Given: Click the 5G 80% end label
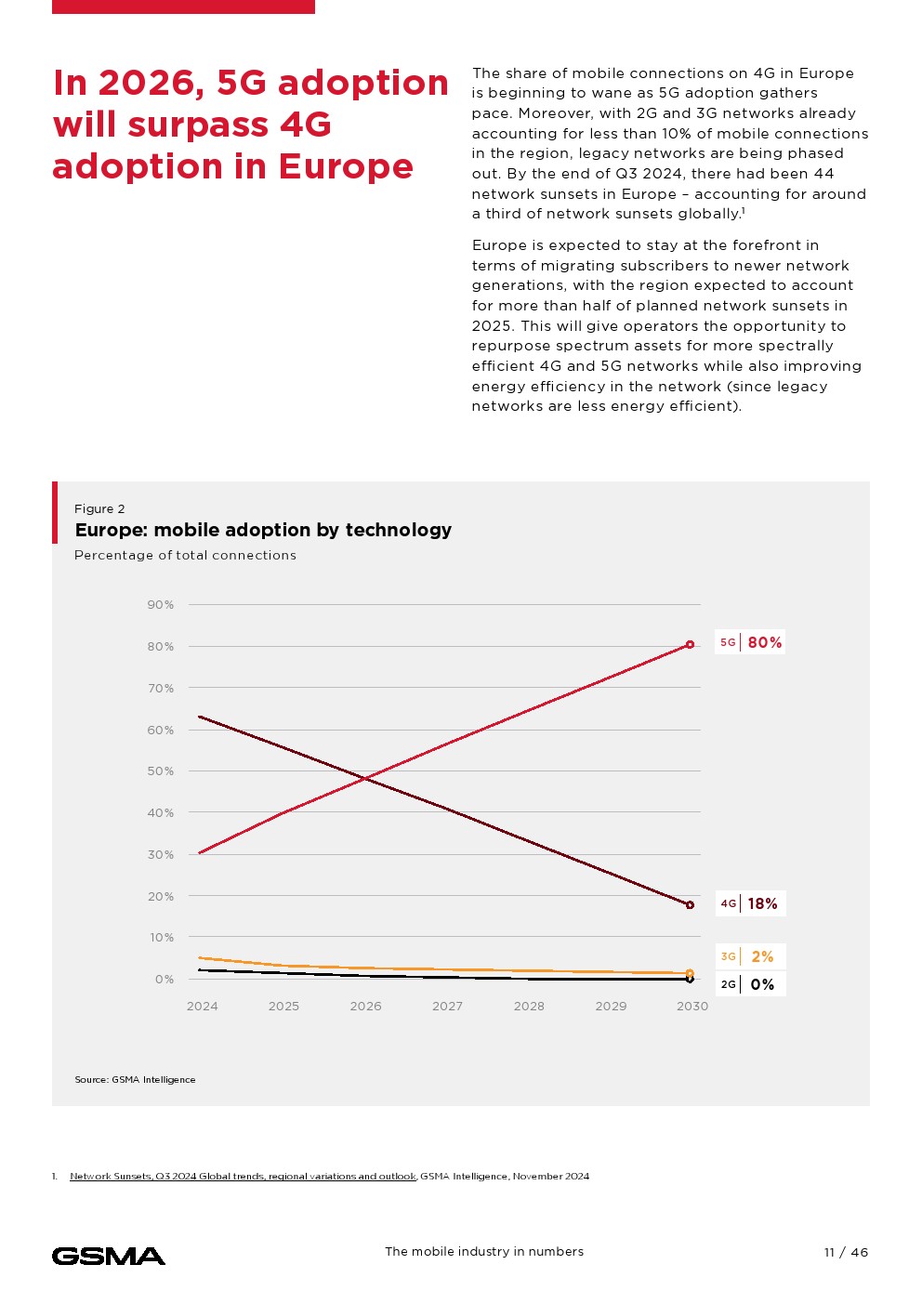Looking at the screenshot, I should point(750,642).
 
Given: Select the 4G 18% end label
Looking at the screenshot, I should point(750,903).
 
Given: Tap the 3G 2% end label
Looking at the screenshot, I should point(750,956).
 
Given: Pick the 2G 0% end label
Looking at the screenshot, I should point(750,984).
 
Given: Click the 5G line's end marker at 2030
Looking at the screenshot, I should point(690,644).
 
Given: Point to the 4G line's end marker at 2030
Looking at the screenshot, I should point(690,904).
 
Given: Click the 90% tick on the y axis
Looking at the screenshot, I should point(161,605).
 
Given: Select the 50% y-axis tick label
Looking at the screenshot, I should point(161,771).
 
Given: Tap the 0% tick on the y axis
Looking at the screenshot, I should point(165,980).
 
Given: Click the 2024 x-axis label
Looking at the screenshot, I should point(203,1007).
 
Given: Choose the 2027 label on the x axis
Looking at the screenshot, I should point(447,1007).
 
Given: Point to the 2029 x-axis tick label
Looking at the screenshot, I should point(611,1007).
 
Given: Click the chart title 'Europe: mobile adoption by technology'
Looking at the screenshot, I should point(263,530).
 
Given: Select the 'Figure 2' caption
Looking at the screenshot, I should point(99,509).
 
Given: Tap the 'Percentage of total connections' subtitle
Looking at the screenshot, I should point(185,556).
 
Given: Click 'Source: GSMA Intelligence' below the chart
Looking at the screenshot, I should point(135,1080).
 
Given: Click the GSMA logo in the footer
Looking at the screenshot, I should point(109,1257).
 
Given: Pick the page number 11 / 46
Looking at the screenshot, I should point(846,1253).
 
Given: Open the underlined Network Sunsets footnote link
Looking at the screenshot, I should point(243,1177).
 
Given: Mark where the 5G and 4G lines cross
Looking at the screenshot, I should point(366,778).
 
